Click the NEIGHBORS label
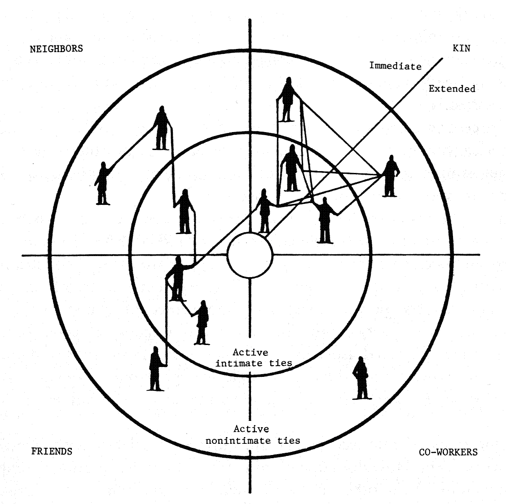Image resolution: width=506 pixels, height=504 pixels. click(57, 49)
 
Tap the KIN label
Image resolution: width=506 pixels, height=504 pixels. click(462, 48)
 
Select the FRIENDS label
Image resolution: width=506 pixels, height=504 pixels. click(52, 451)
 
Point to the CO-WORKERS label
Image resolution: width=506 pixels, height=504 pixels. click(448, 451)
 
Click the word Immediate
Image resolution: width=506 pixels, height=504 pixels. click(395, 66)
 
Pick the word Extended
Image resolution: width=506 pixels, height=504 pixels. click(452, 88)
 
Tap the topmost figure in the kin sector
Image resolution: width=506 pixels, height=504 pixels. click(288, 100)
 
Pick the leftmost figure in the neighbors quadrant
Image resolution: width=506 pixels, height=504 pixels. click(103, 183)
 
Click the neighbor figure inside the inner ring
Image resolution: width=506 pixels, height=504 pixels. click(184, 212)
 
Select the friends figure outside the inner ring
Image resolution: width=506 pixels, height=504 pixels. click(155, 368)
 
